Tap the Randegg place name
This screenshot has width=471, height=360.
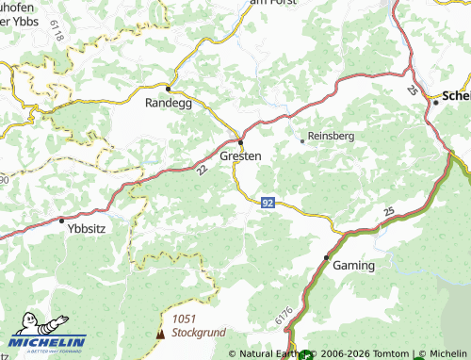click(x=168, y=103)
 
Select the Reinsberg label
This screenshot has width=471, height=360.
click(x=332, y=136)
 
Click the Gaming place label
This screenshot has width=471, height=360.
click(x=354, y=266)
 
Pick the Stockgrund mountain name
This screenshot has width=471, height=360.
click(x=200, y=332)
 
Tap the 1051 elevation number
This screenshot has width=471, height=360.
click(x=183, y=319)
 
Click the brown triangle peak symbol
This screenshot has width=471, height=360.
click(x=159, y=334)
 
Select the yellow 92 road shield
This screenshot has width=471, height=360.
click(x=268, y=203)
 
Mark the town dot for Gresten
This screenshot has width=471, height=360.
click(x=241, y=142)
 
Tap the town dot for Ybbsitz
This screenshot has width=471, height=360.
click(x=62, y=221)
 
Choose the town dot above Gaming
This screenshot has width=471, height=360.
click(x=326, y=256)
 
